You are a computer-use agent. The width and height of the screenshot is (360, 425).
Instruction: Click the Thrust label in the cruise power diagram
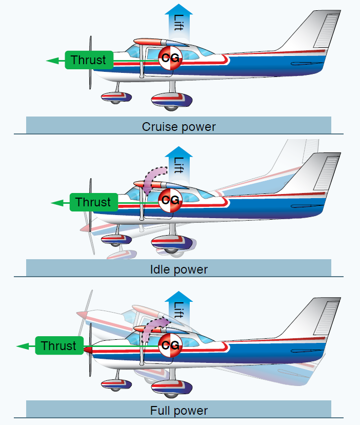tap(88, 60)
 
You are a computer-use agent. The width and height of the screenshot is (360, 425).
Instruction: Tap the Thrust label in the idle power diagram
tap(93, 202)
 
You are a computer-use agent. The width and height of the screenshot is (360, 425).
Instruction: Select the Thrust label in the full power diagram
tap(58, 345)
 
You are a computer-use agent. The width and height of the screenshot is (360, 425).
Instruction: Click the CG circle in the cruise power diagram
tap(170, 58)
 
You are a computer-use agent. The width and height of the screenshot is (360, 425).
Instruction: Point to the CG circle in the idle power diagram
tap(170, 200)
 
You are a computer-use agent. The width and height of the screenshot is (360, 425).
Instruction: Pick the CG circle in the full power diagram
tap(170, 343)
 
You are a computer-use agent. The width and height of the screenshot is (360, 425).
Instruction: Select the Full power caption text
tap(179, 411)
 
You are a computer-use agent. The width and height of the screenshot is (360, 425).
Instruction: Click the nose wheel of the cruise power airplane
tap(116, 100)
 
